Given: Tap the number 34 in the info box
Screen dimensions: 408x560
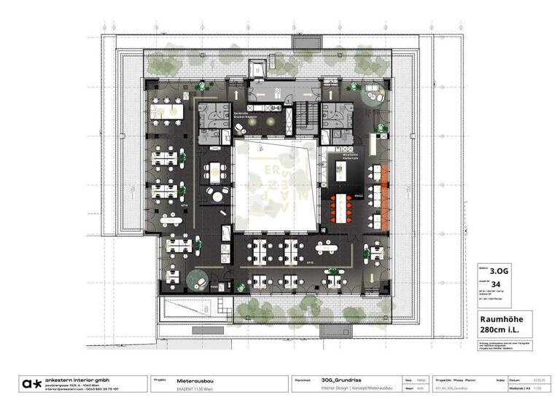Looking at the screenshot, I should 497,283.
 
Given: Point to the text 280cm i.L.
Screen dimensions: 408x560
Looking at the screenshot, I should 499,331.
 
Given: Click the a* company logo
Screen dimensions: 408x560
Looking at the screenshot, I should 31,383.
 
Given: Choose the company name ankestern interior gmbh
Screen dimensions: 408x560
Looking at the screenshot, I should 79,380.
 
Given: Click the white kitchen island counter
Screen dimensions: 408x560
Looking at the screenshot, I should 339,173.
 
